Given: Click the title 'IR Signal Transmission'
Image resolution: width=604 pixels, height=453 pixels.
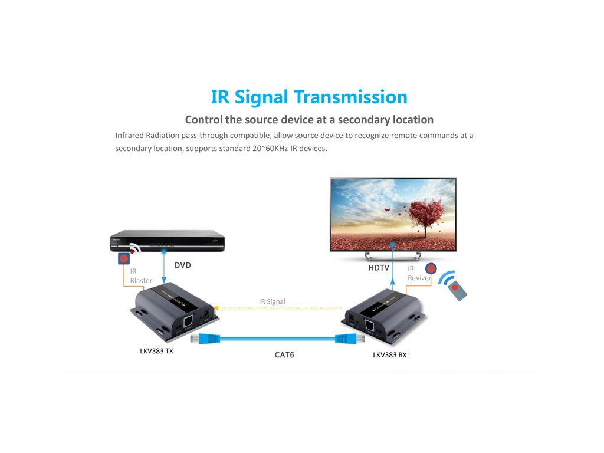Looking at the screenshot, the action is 309,97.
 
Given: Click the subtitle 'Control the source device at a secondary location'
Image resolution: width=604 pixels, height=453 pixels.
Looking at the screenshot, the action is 309,120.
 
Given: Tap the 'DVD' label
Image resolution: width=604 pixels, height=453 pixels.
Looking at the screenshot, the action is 183,265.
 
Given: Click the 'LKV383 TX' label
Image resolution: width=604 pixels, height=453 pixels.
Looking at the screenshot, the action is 156,352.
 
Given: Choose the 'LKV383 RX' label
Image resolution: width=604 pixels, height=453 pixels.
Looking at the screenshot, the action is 389,355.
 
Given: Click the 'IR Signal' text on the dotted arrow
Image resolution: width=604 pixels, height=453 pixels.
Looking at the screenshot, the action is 272,301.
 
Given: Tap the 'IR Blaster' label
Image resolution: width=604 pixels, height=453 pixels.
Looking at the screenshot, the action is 141,275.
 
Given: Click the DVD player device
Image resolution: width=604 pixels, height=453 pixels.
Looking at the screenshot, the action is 168,242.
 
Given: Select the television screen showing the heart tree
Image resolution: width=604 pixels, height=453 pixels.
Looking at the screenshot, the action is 393,215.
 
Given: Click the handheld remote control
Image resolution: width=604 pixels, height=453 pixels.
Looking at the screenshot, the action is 457,290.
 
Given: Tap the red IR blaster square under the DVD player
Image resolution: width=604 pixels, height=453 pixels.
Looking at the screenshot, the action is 123,258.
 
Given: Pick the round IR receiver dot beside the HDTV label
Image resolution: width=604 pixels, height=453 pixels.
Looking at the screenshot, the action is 431,269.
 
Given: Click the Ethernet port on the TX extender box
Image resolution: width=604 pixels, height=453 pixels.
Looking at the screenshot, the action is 188,321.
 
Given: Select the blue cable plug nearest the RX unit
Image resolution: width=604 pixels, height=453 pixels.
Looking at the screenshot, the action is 344,339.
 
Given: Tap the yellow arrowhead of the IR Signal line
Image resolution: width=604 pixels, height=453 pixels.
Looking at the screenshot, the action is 216,307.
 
